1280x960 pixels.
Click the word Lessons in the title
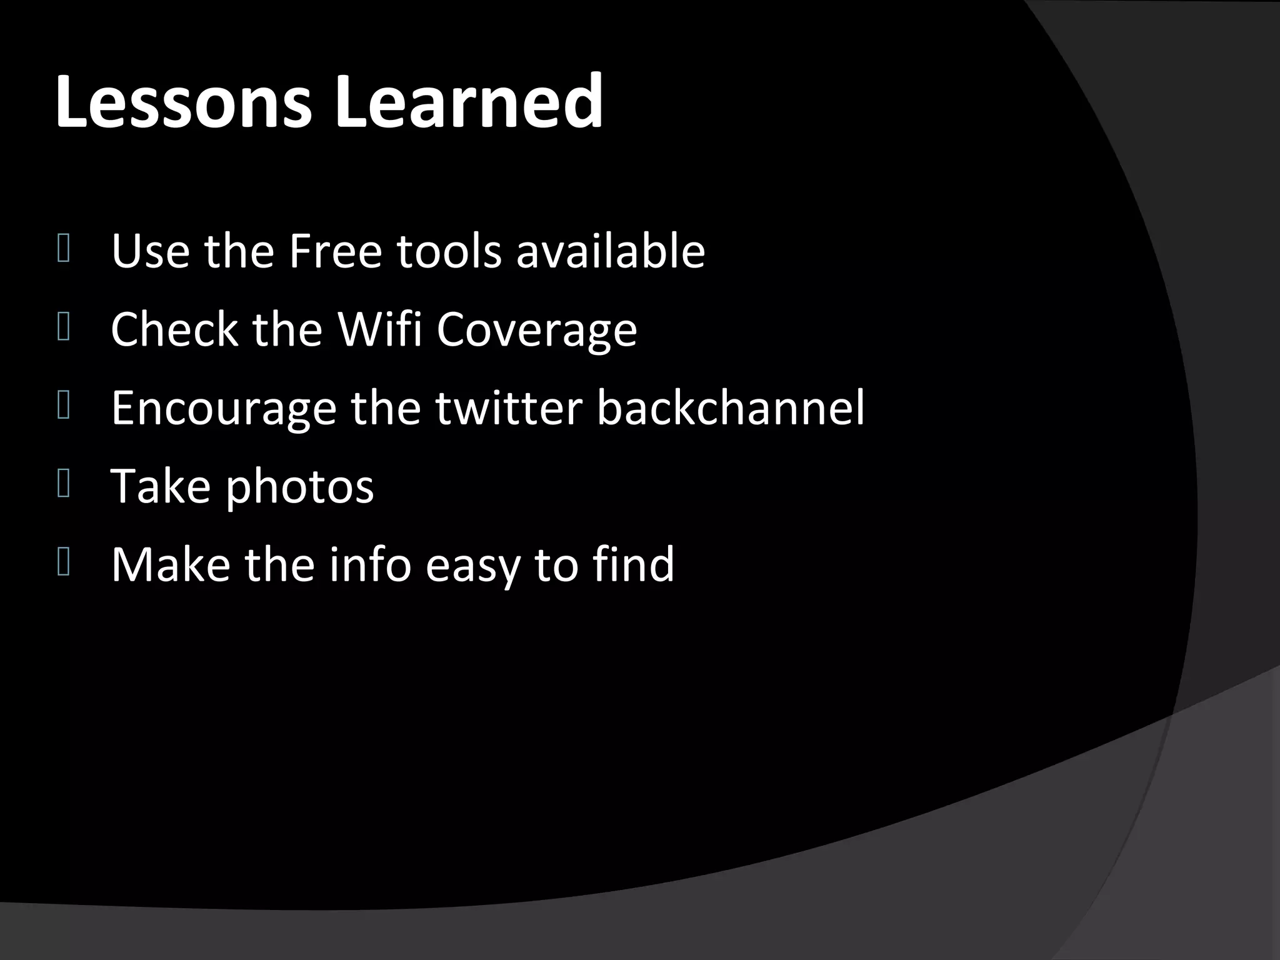click(x=182, y=101)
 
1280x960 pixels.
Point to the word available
click(x=610, y=251)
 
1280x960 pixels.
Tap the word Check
click(x=174, y=329)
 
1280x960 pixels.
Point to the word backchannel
click(x=730, y=407)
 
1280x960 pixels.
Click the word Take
click(x=161, y=486)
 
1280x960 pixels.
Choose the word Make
click(x=170, y=564)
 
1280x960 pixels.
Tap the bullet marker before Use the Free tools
click(x=63, y=249)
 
